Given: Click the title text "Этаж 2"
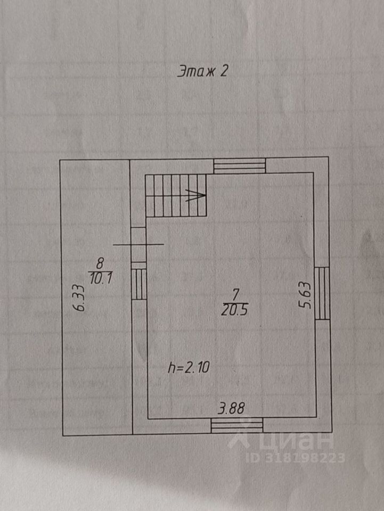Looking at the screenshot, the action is (x=202, y=72).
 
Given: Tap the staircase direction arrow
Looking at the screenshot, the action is (x=195, y=196).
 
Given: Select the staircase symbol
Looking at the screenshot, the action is (x=176, y=195).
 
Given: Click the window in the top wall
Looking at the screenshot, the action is (x=239, y=166).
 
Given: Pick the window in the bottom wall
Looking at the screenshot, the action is (x=237, y=425).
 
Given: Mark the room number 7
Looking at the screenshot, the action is (x=235, y=293).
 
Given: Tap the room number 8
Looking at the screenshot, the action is (x=100, y=262).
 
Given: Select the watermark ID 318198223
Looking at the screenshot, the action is (x=295, y=457).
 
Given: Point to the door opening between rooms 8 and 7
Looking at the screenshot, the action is (x=138, y=244).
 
